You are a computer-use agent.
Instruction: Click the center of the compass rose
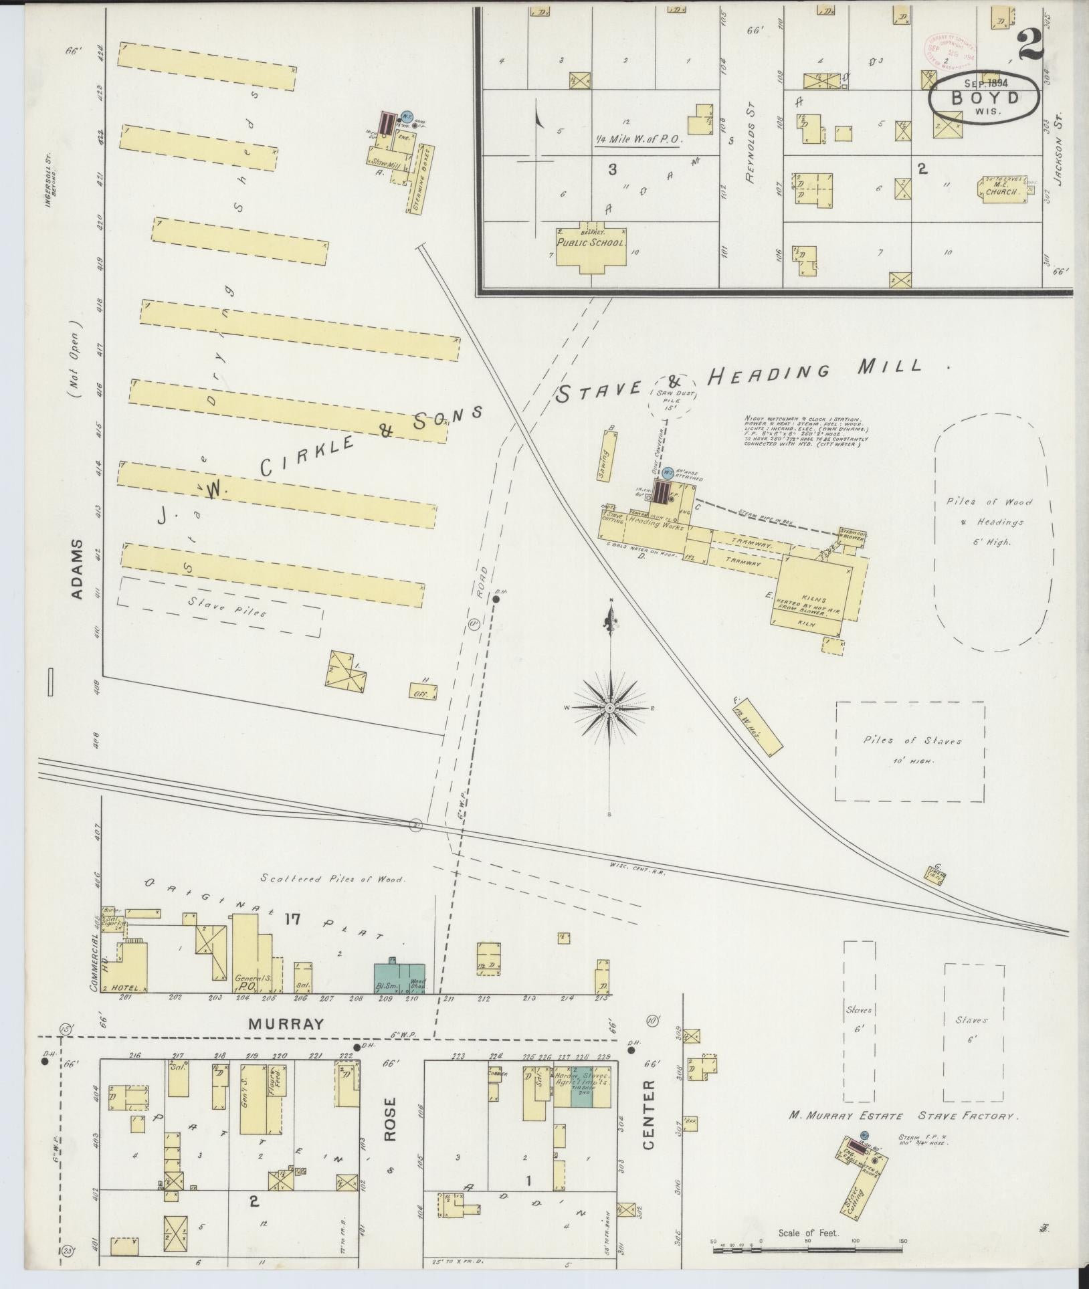[x=610, y=707]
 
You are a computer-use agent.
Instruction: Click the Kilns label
[x=812, y=600]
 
